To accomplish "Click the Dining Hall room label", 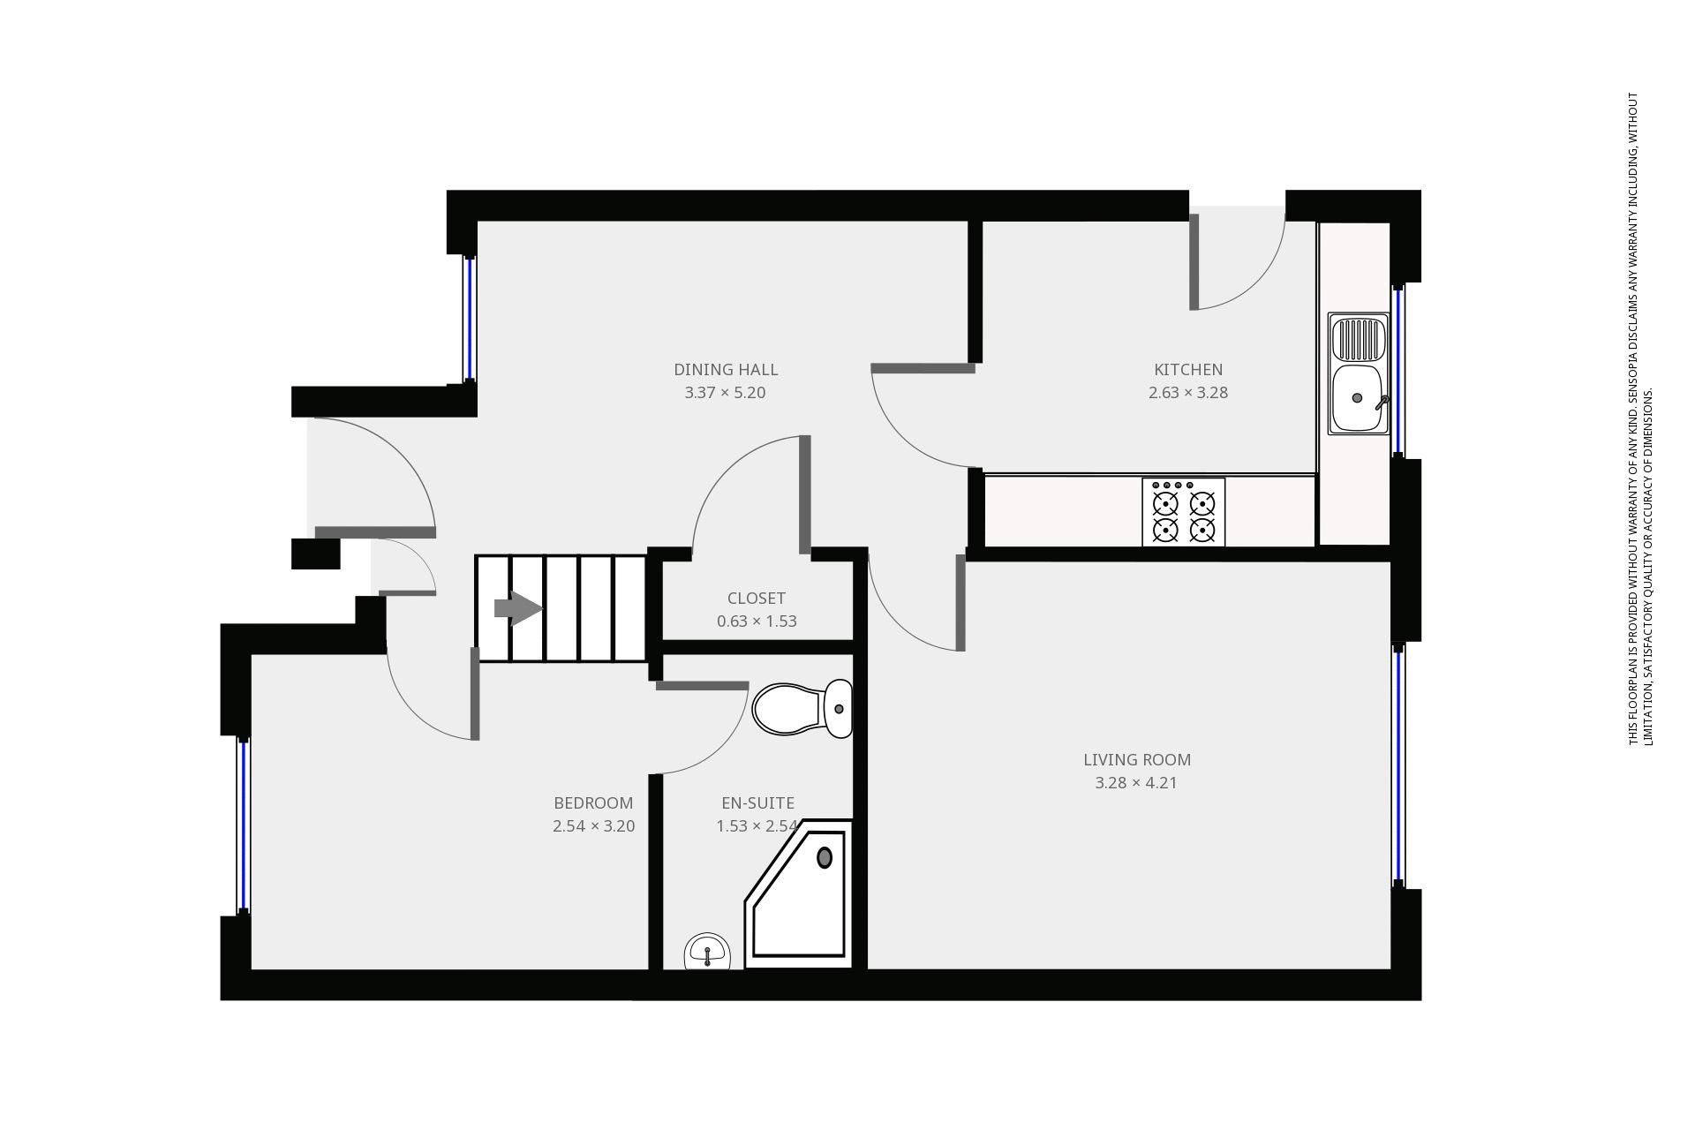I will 725,370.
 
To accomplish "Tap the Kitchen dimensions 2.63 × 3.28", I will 1187,393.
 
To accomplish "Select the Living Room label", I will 1136,760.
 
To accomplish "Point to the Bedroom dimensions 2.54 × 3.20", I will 593,827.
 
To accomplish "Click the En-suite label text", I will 757,803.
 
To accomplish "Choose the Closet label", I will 756,599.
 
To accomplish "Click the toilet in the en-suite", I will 802,708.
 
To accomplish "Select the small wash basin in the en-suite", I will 707,952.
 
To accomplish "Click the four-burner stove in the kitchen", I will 1183,512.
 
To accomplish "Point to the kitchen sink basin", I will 1357,398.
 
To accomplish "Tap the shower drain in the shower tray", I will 825,857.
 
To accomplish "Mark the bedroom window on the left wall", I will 244,825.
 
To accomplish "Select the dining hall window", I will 470,318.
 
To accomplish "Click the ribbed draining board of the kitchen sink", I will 1359,336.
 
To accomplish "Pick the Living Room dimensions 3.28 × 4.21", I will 1136,783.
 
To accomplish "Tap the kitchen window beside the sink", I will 1398,371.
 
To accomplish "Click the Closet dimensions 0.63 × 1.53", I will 757,621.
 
